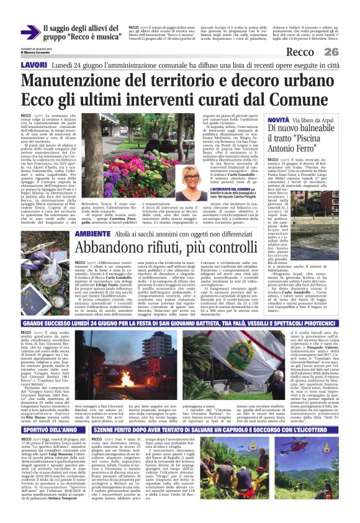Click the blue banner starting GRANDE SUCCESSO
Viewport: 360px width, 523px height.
tap(179, 324)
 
